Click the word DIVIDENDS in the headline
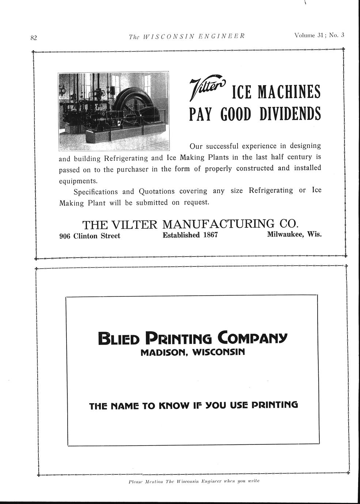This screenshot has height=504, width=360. click(x=290, y=114)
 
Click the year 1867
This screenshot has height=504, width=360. click(x=210, y=235)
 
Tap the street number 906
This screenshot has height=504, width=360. click(x=65, y=236)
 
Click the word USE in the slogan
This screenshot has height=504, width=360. click(x=239, y=405)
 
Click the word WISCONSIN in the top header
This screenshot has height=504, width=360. click(x=168, y=37)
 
